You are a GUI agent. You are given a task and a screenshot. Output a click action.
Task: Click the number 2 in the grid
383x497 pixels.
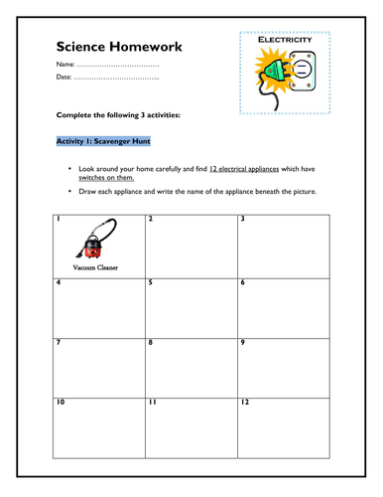coord(151,219)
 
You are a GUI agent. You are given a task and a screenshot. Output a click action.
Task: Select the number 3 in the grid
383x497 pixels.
coord(242,219)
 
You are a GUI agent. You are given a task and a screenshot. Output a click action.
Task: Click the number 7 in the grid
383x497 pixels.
coord(60,342)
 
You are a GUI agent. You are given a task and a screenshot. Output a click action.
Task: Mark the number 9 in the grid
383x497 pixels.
coord(242,342)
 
